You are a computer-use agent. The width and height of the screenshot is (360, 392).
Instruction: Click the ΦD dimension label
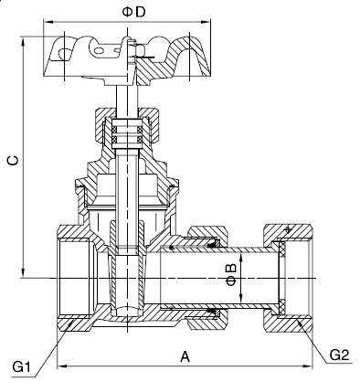click(134, 12)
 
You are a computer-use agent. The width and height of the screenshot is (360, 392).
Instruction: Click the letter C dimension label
click(13, 161)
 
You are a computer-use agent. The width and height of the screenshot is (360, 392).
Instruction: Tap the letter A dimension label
click(185, 356)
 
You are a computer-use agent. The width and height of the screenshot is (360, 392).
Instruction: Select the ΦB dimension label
click(231, 274)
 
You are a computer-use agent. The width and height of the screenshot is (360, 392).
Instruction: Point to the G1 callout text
click(21, 366)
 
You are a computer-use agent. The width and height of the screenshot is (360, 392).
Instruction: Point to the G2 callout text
click(339, 355)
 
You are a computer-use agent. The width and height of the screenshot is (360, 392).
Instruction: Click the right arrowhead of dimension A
click(308, 366)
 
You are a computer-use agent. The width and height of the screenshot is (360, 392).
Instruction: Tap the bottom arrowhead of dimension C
click(23, 273)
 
